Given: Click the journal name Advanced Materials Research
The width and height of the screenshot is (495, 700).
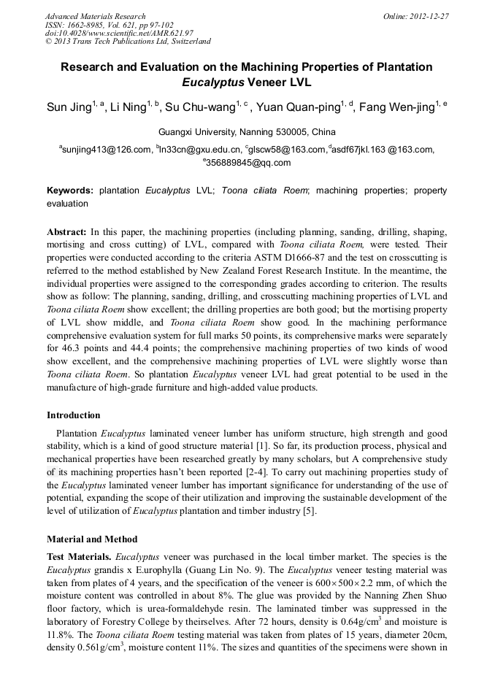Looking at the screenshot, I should coord(95,16).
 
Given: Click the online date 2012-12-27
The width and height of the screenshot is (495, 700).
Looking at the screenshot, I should coord(426,16).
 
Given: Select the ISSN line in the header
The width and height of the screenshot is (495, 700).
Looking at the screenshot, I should coord(101,25).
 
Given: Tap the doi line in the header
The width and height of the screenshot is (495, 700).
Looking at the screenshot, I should coord(119,33).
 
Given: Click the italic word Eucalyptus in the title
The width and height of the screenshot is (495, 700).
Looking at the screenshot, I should coord(213,82).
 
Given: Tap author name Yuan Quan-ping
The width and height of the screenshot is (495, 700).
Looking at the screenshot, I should coord(304,108).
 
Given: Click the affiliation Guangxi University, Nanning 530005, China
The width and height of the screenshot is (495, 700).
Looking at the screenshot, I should coord(247,132).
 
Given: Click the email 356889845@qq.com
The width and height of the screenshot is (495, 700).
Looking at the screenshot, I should coord(248,163).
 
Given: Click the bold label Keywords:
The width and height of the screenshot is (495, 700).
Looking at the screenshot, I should coord(70,191).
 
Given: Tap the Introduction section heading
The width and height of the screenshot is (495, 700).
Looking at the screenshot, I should coord(74,415).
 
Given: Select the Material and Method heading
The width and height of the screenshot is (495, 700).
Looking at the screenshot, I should coord(92,539).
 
